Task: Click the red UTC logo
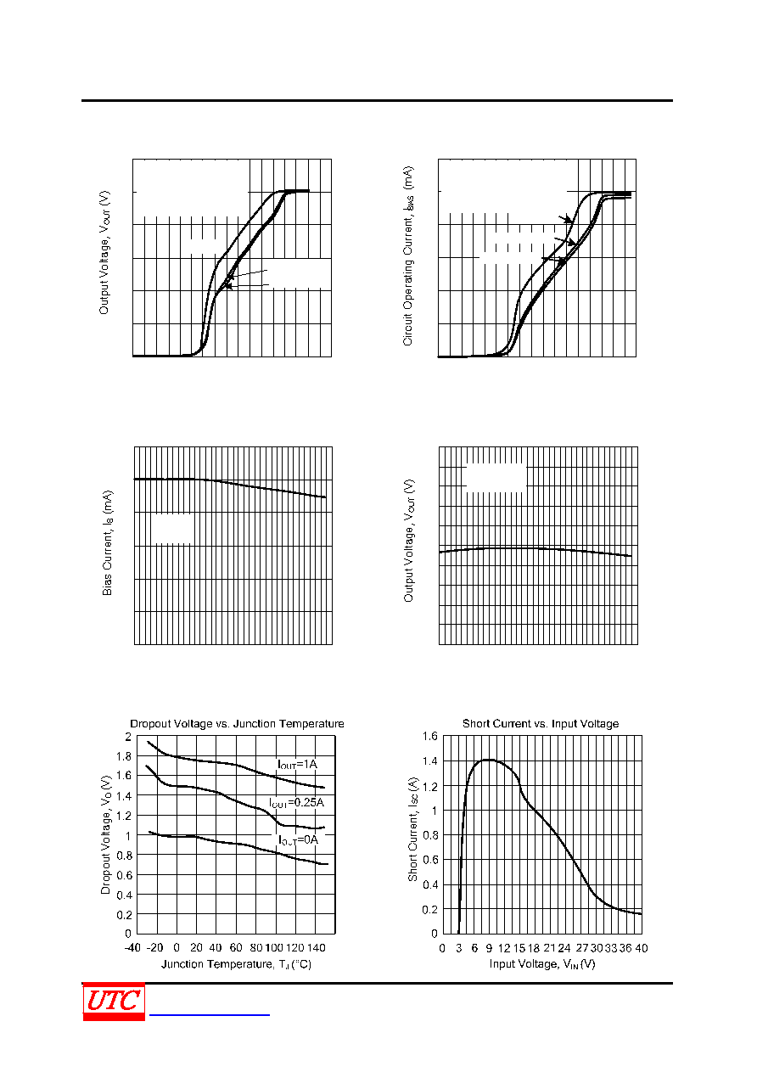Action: pos(114,1002)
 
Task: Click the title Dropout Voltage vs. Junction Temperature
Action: pos(237,724)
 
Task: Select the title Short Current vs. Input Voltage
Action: pos(541,724)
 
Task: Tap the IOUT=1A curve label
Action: pos(297,764)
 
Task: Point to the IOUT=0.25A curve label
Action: pos(296,803)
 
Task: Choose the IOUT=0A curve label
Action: pos(298,839)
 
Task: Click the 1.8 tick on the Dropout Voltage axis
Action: pos(124,756)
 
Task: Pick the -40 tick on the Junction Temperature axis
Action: pos(132,947)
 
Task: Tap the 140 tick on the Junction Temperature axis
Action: pos(317,947)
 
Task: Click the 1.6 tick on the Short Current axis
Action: pos(429,736)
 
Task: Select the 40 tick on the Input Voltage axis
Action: pos(642,948)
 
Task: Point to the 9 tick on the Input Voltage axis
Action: pos(489,948)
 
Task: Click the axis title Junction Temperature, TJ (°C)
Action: pos(237,964)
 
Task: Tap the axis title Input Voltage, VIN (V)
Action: pos(542,964)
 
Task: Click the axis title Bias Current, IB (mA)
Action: pos(107,542)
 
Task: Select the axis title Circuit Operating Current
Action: pos(407,256)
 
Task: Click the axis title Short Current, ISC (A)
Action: pos(412,829)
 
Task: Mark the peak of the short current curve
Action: pos(488,760)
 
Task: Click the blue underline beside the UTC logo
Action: pos(210,1014)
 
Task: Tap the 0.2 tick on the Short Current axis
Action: pos(429,909)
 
